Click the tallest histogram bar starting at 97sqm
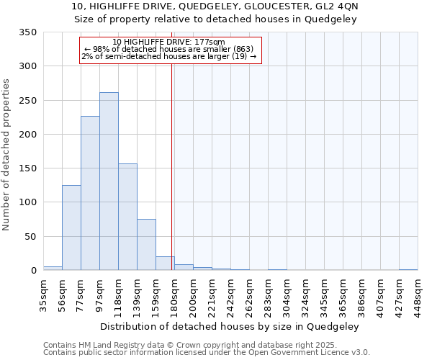[109, 181]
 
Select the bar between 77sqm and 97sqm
[90, 193]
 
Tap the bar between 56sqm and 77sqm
[71, 228]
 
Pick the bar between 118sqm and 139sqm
[127, 217]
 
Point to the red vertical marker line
[172, 158]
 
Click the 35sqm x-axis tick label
[43, 294]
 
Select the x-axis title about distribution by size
[229, 326]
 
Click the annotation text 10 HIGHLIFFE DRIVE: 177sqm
[169, 42]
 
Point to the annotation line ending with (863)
[169, 49]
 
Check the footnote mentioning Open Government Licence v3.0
[207, 353]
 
